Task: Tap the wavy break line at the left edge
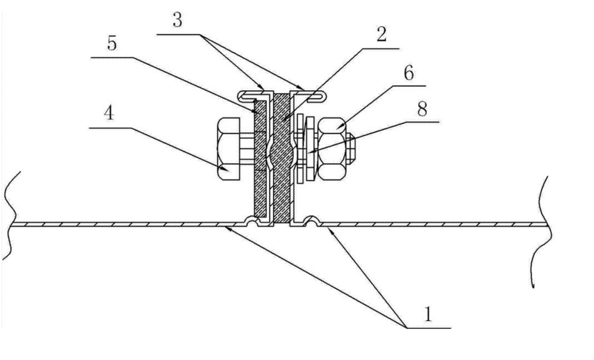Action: point(12,214)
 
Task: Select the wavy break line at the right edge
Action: point(542,231)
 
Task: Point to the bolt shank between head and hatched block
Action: point(247,149)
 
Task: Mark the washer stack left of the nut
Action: point(304,149)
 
